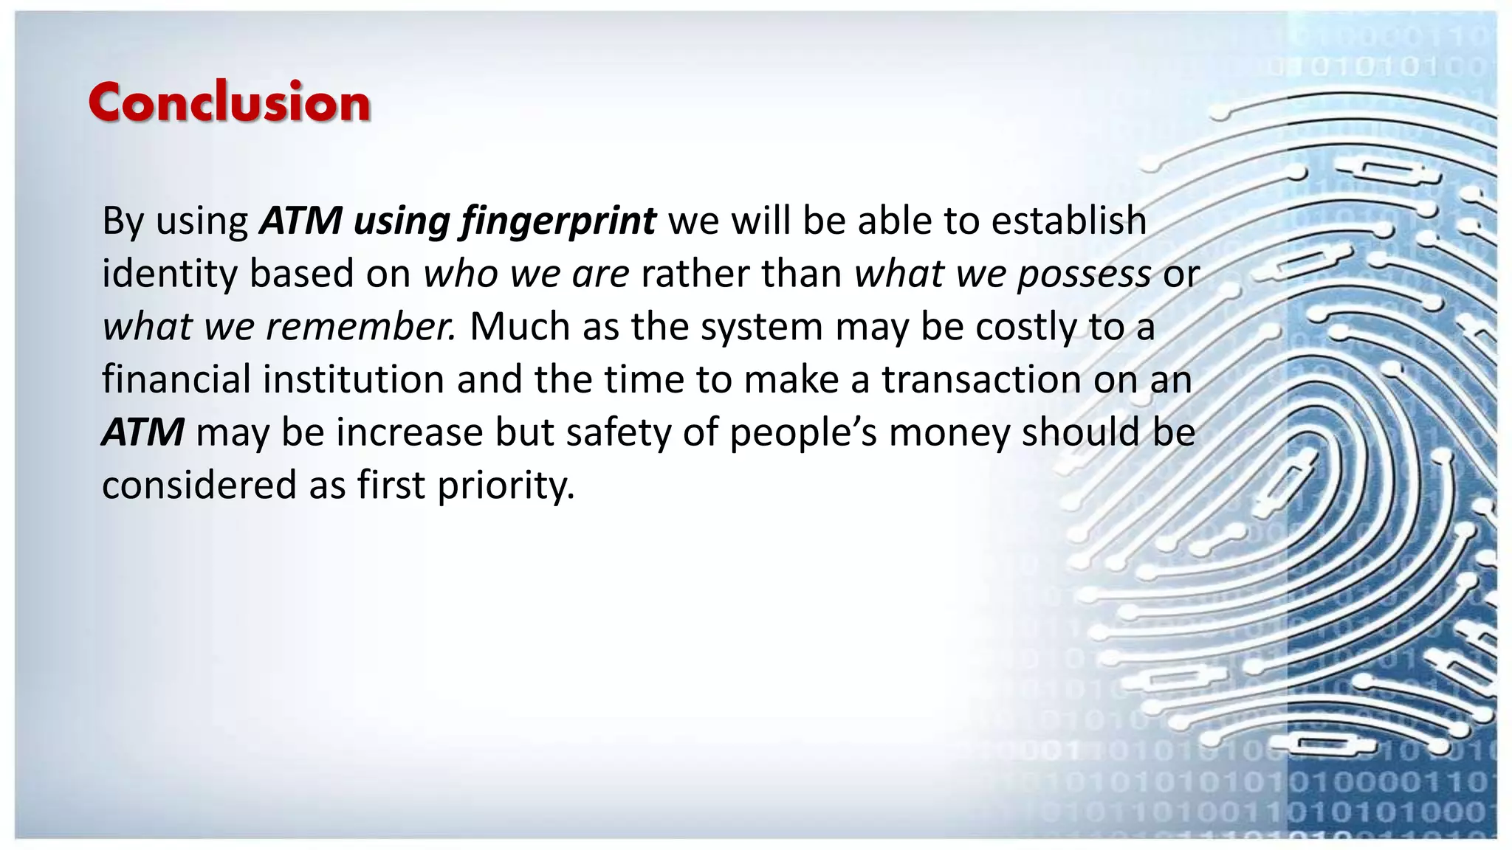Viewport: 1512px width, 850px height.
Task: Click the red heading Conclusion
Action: (229, 103)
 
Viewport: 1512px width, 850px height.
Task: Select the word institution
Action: (353, 379)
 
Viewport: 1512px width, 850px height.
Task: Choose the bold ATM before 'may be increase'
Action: (142, 432)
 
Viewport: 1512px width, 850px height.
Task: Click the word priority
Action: (506, 486)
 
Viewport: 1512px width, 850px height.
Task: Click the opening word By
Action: (122, 221)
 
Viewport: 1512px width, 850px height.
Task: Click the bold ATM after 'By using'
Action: (300, 221)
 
